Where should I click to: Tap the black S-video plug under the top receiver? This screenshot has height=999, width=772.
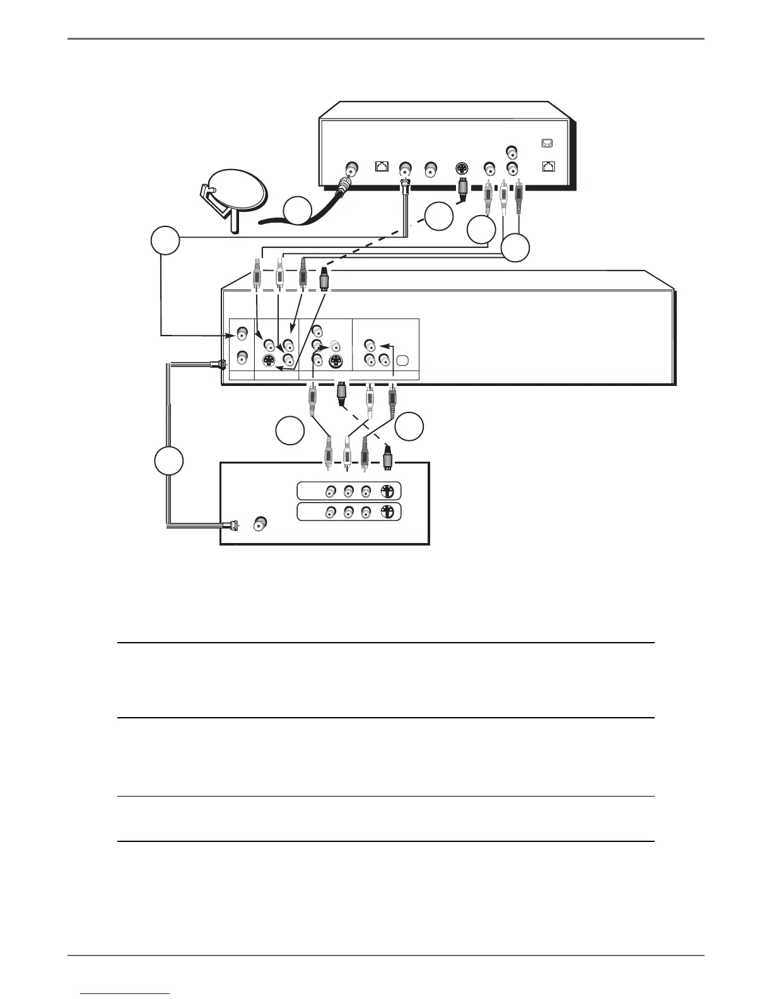point(462,189)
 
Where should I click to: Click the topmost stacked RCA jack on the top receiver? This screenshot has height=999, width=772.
point(512,152)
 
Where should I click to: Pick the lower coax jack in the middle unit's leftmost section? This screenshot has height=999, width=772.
point(241,358)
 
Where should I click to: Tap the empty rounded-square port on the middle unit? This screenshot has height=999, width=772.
point(404,361)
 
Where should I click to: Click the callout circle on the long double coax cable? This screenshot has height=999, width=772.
point(169,461)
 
